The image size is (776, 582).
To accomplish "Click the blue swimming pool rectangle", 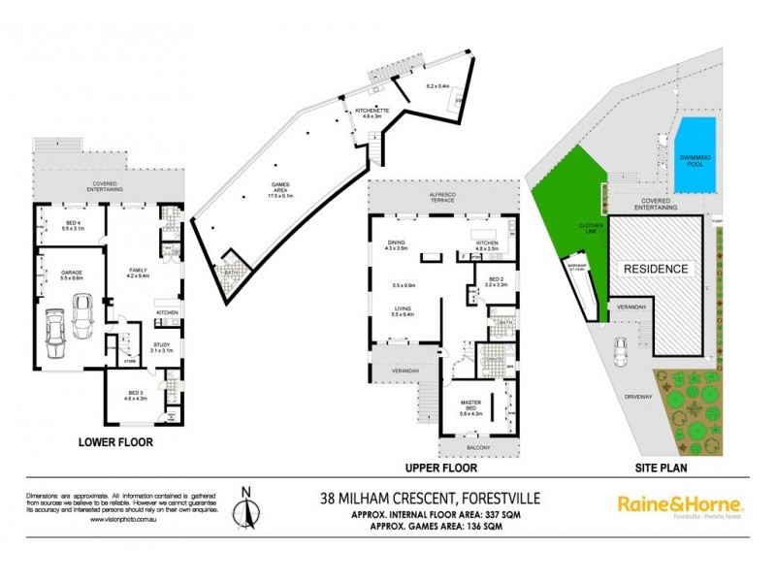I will (x=695, y=155).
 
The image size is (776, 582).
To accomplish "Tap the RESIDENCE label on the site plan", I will (x=655, y=269).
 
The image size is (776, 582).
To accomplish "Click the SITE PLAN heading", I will (x=657, y=468).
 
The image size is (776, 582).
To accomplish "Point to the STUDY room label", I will (x=162, y=345).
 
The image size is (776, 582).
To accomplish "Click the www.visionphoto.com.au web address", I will (x=121, y=520).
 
